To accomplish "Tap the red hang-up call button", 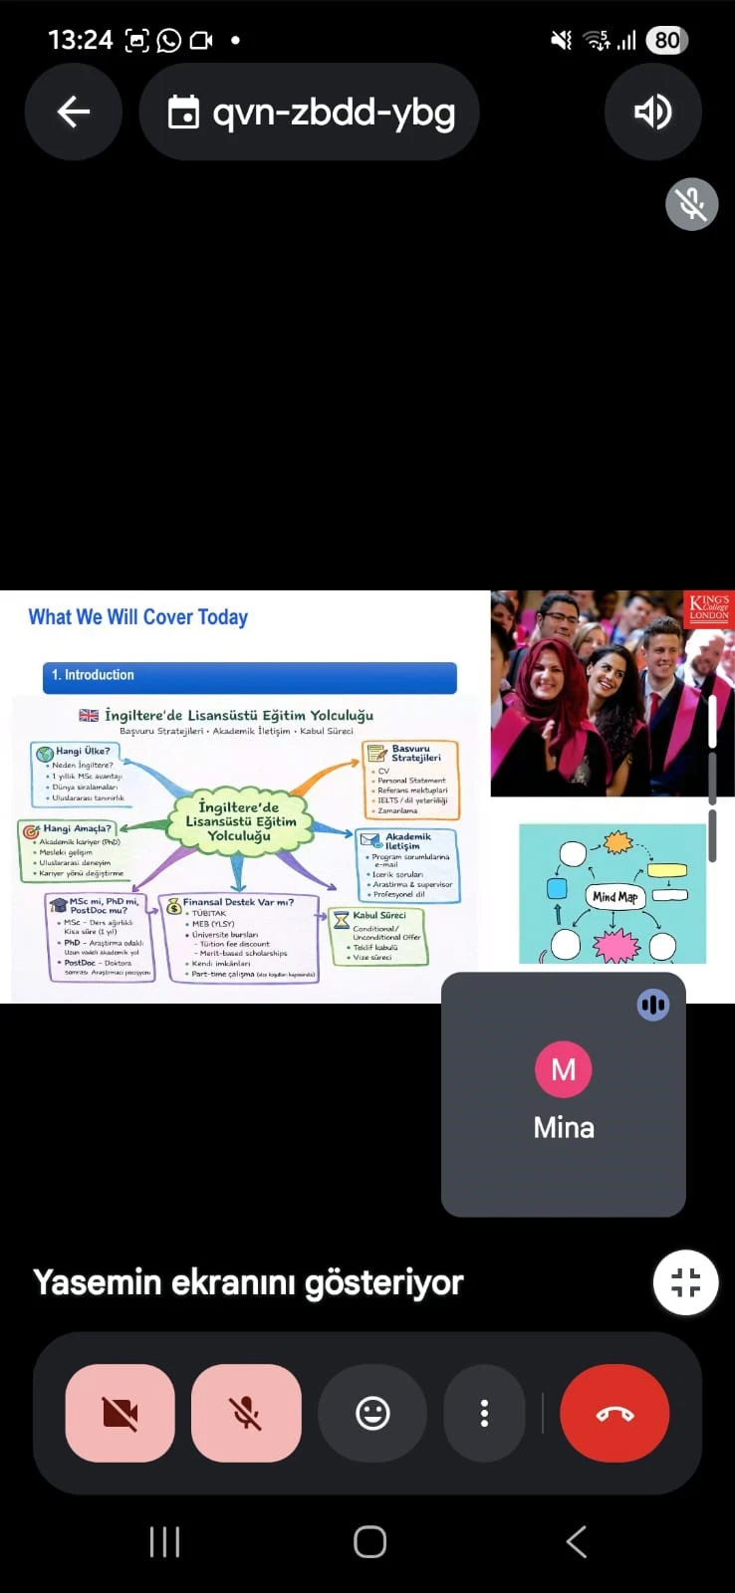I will point(614,1413).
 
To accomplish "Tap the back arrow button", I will point(74,112).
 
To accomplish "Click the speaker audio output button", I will point(652,112).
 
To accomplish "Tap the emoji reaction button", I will point(372,1413).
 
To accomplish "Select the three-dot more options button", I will point(484,1413).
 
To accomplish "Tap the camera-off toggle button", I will point(121,1413).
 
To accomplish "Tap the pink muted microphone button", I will point(246,1413).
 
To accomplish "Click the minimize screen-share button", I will point(685,1282).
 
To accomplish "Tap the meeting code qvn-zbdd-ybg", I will point(333,112).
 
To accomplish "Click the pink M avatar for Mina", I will point(564,1069).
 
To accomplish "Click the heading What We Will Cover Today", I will point(138,617).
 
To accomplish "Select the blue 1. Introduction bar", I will point(249,676).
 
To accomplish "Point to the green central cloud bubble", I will point(239,821).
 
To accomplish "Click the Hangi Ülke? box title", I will point(83,751).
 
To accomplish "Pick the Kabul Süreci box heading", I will point(379,915).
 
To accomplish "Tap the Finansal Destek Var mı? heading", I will point(238,902).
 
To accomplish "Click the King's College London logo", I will point(709,607).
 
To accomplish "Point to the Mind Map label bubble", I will point(614,896).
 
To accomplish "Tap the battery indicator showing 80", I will point(666,40).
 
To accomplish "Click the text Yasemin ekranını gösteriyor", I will point(248,1282).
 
